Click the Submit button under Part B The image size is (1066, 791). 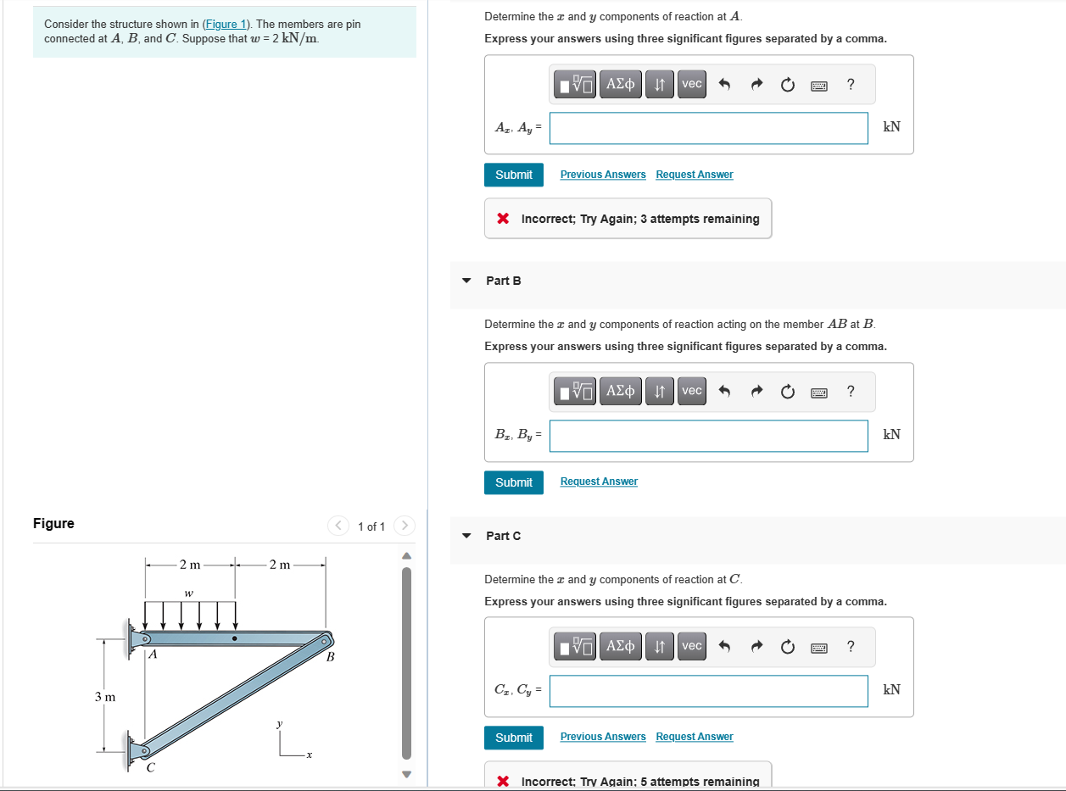[513, 482]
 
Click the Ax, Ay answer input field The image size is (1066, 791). [708, 128]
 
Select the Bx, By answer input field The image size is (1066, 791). [708, 436]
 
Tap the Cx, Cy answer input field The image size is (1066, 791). [708, 691]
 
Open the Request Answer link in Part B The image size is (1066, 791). [599, 482]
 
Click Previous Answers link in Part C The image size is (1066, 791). [602, 737]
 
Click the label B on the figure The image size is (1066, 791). [331, 657]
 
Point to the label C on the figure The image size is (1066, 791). [150, 768]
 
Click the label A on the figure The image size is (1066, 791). [153, 655]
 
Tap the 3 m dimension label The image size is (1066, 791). [105, 697]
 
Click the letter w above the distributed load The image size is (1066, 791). [188, 592]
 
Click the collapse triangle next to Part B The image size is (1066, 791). [466, 281]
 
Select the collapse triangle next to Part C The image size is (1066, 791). [466, 536]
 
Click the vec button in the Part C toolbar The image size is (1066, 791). [692, 646]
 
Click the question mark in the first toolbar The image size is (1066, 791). [851, 83]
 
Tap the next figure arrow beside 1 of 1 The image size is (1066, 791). [405, 526]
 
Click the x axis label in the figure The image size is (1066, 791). [310, 755]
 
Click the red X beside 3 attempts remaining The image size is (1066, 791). [503, 219]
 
